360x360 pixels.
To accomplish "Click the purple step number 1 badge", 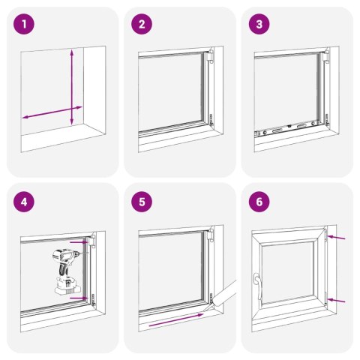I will click(25, 25).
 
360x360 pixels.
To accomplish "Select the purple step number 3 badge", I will click(259, 25).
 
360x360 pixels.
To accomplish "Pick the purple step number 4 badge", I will click(25, 201).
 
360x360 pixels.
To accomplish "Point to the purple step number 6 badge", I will click(259, 201).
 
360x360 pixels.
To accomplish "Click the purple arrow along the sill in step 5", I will click(176, 320).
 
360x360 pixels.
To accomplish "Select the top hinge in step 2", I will click(211, 57).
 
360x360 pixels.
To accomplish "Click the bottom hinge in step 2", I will click(211, 117).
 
